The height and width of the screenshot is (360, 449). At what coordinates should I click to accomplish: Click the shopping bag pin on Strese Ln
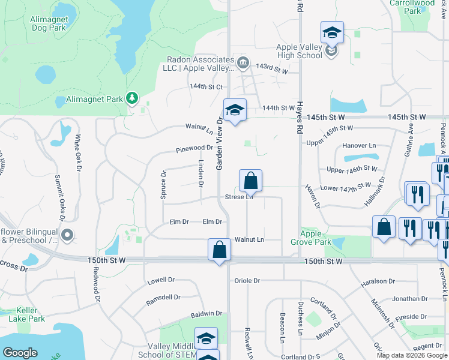(x=250, y=180)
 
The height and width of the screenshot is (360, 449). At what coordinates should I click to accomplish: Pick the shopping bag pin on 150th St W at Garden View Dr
(x=220, y=249)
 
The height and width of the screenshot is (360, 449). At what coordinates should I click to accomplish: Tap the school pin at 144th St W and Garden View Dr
(x=235, y=110)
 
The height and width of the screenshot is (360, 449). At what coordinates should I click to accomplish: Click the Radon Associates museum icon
(x=243, y=62)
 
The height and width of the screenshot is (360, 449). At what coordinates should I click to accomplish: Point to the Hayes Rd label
(x=298, y=118)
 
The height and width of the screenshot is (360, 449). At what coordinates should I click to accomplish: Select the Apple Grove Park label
(x=315, y=238)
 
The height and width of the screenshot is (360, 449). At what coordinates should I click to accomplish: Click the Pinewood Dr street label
(x=194, y=148)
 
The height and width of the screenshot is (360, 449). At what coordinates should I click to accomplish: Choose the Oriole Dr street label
(x=247, y=280)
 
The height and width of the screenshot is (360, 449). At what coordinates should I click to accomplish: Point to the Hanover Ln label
(x=358, y=146)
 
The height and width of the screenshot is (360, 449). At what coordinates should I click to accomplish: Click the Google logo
(x=20, y=352)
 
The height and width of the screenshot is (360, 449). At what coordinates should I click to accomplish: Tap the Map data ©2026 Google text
(x=411, y=355)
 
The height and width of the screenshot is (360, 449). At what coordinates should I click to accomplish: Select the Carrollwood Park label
(x=412, y=7)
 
